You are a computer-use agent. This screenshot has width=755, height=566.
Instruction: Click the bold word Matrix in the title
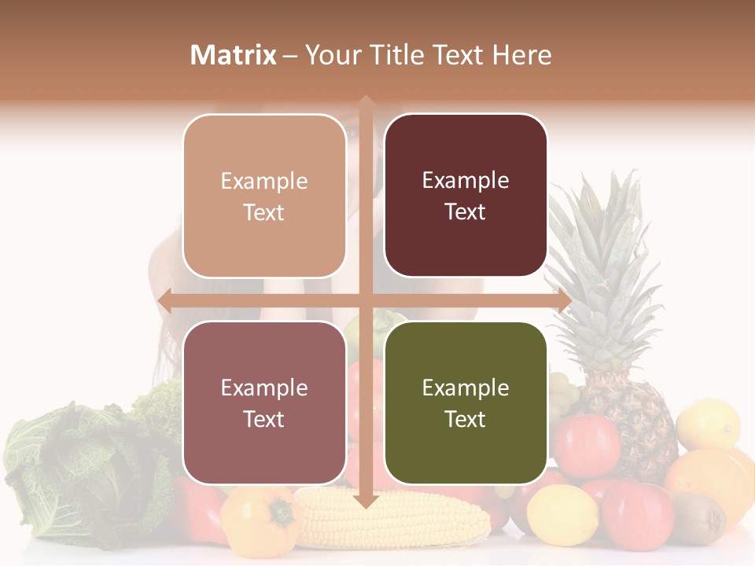[234, 55]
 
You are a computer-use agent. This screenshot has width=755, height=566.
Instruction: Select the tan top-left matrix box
[264, 196]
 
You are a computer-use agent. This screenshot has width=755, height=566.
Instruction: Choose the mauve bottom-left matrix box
[264, 403]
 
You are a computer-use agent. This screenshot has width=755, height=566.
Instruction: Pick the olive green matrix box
[466, 402]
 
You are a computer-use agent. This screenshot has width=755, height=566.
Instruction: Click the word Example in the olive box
[466, 388]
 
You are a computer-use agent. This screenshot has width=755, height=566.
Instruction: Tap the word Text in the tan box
[264, 213]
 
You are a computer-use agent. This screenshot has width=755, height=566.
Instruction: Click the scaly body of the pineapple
[629, 417]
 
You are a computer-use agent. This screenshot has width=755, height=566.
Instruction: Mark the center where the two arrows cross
[366, 301]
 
